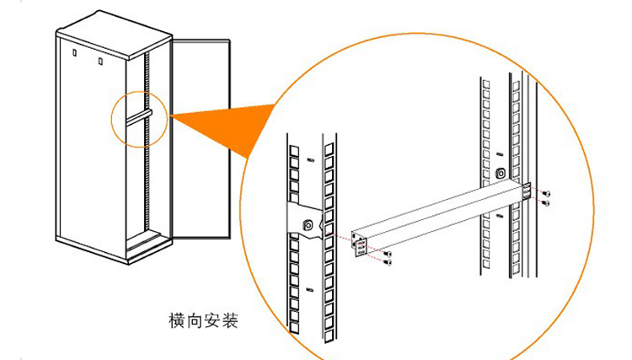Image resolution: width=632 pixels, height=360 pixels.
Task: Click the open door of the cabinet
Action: click(201, 135)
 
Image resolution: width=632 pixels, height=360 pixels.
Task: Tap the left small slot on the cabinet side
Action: click(74, 55)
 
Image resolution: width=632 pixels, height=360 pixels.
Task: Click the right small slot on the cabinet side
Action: click(99, 61)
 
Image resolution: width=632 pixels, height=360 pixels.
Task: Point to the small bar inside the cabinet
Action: click(137, 116)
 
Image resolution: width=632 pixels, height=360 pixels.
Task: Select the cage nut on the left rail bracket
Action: click(308, 225)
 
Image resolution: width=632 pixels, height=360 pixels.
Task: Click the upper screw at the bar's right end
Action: click(548, 192)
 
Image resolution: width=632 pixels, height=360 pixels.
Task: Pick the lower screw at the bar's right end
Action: click(548, 202)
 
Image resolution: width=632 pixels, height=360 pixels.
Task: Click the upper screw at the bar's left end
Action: click(389, 252)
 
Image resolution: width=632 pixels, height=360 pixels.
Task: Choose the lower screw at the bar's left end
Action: click(388, 262)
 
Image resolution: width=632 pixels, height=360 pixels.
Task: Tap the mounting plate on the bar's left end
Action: click(360, 246)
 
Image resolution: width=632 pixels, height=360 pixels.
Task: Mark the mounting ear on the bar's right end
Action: click(527, 191)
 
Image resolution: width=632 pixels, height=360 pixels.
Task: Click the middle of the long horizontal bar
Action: click(438, 218)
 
